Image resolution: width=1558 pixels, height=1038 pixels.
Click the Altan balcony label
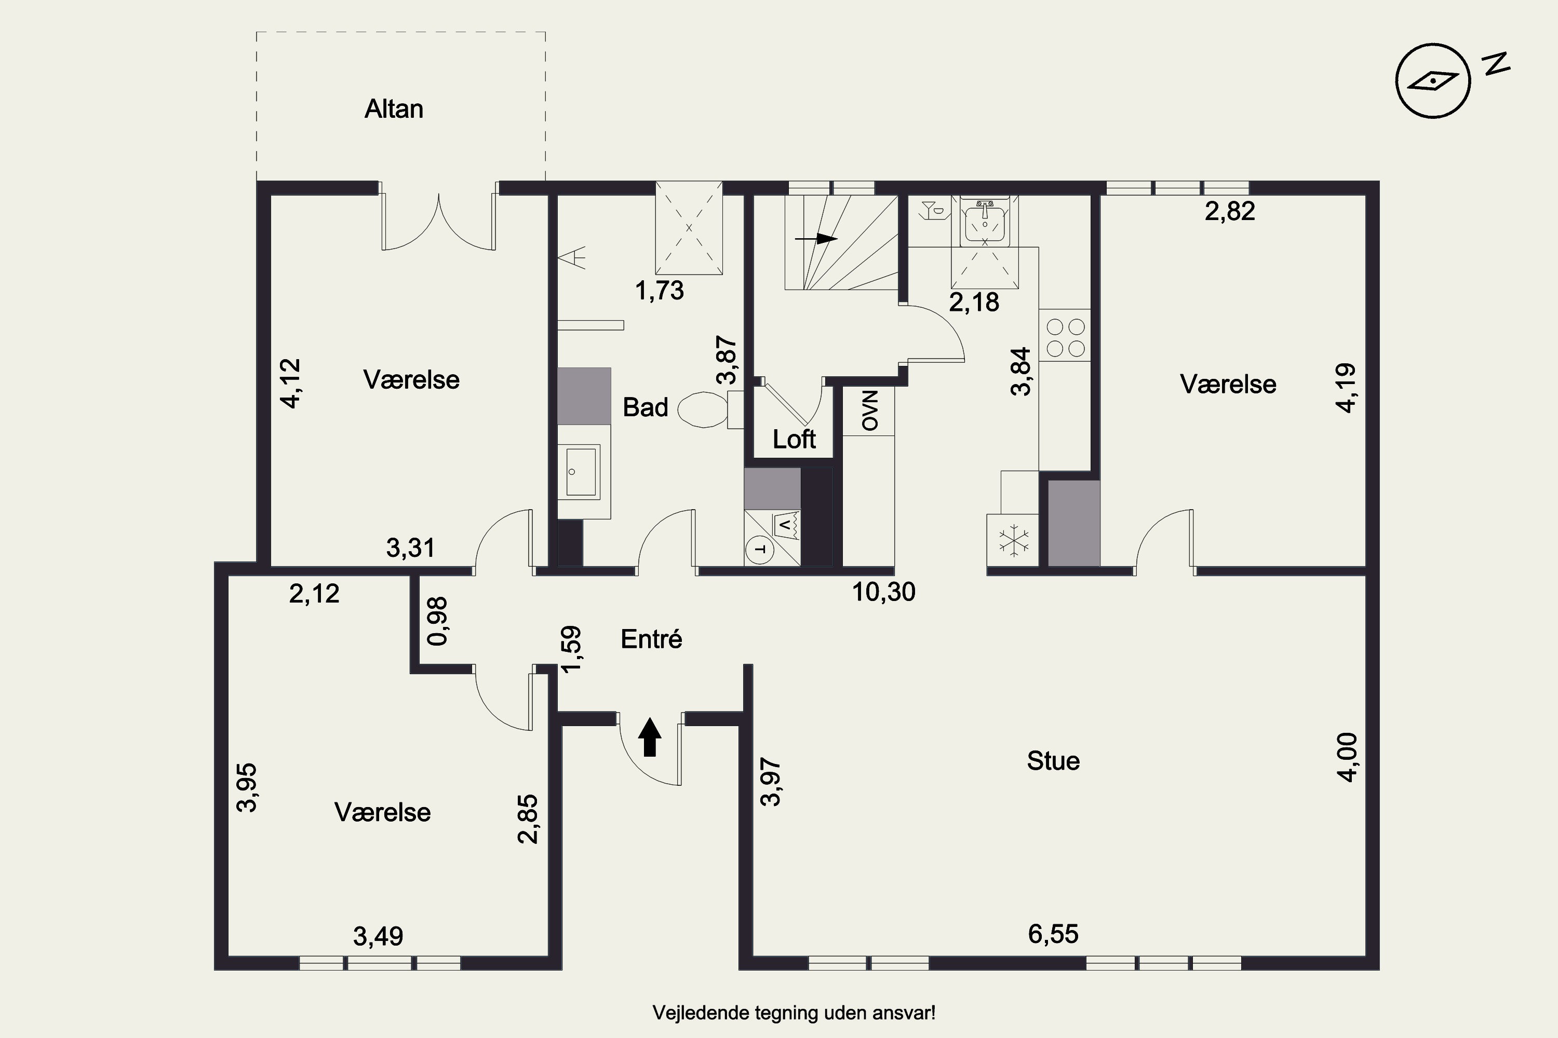394,109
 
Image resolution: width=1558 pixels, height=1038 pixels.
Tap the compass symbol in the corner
1433,81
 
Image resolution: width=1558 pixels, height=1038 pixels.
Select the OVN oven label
869,411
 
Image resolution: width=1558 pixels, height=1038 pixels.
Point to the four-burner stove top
1065,338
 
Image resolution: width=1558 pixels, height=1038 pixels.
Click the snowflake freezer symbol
1012,540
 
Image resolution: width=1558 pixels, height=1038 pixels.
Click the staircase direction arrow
816,239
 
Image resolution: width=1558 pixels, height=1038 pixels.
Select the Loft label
794,440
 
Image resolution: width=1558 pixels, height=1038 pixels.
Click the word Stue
1053,761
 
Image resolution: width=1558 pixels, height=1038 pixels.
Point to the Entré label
651,639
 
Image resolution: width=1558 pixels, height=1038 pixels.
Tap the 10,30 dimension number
884,592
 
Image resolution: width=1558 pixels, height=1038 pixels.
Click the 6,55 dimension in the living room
1053,934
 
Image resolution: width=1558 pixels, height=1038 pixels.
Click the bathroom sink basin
579,472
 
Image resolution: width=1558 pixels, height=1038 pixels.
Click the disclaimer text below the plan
794,1013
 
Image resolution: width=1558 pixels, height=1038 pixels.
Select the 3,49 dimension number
378,937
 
